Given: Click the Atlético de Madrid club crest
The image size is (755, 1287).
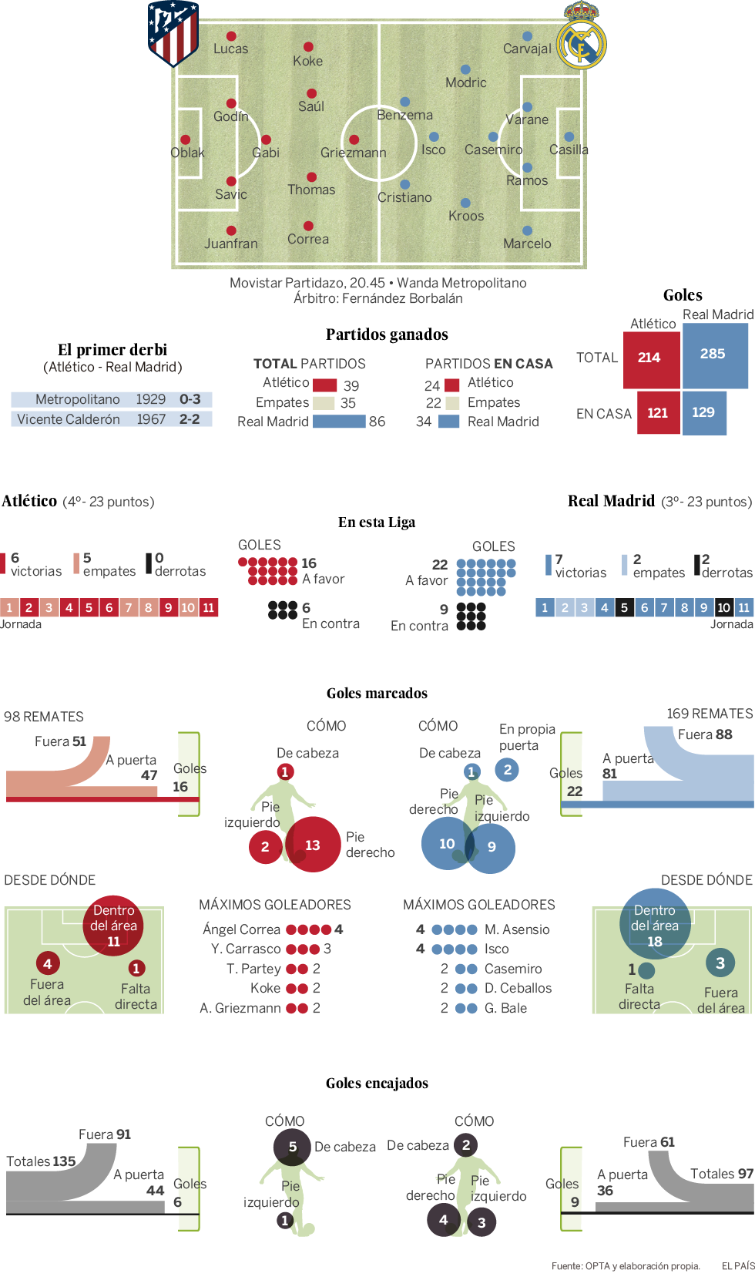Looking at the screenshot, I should click(x=173, y=33).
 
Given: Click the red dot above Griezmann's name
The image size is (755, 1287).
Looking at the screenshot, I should click(x=354, y=139).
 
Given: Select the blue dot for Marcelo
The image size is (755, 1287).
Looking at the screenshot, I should click(x=527, y=230).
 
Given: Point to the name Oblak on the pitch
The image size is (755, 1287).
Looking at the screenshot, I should click(x=187, y=153).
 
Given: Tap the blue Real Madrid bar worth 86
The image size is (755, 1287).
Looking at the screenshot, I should click(x=339, y=422).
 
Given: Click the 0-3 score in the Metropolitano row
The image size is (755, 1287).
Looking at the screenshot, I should click(x=190, y=399).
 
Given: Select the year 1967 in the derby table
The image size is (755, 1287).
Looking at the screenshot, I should click(x=151, y=419).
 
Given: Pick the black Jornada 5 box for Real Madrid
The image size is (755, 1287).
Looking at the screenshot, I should click(x=624, y=607).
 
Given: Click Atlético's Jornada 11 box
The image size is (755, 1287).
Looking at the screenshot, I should click(x=208, y=607).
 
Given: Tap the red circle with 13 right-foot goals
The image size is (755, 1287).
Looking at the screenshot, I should click(x=312, y=845).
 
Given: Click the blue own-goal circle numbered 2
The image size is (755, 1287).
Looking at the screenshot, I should click(x=507, y=769).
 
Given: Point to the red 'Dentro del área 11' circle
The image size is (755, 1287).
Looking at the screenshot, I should click(x=114, y=926).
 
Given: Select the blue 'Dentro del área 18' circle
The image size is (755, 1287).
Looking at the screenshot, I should click(x=655, y=924).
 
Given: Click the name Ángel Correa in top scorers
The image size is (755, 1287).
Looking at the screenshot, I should click(x=241, y=929).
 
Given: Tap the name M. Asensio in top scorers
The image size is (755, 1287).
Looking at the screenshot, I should click(x=517, y=929).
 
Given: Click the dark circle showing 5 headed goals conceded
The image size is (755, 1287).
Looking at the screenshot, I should click(x=293, y=1147).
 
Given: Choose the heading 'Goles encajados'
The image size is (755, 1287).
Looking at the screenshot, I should click(x=377, y=1083).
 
